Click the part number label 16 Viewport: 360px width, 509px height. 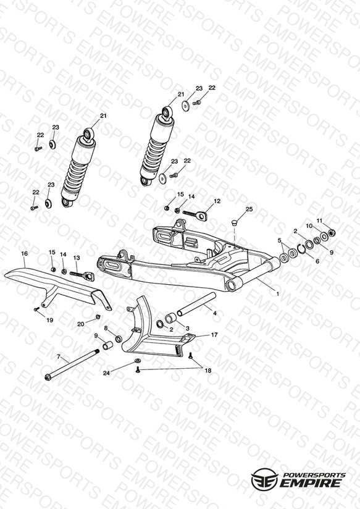[25, 253]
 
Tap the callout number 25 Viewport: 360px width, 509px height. [249, 209]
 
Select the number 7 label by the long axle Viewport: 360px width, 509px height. [59, 357]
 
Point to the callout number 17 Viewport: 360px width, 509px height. [214, 335]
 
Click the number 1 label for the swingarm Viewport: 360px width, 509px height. [277, 294]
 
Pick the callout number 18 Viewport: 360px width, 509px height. [207, 371]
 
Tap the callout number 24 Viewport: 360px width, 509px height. [106, 373]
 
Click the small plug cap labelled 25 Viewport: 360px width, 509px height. [234, 222]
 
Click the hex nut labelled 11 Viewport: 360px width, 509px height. [332, 232]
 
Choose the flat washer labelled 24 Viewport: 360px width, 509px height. [138, 361]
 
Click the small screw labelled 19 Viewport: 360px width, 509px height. [36, 309]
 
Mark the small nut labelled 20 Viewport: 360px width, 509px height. [98, 316]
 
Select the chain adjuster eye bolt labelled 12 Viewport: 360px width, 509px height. [195, 214]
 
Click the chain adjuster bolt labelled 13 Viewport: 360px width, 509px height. [81, 276]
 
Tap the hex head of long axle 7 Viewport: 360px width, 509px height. [48, 377]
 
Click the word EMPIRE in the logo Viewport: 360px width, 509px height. [311, 483]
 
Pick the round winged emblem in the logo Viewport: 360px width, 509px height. [264, 479]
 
